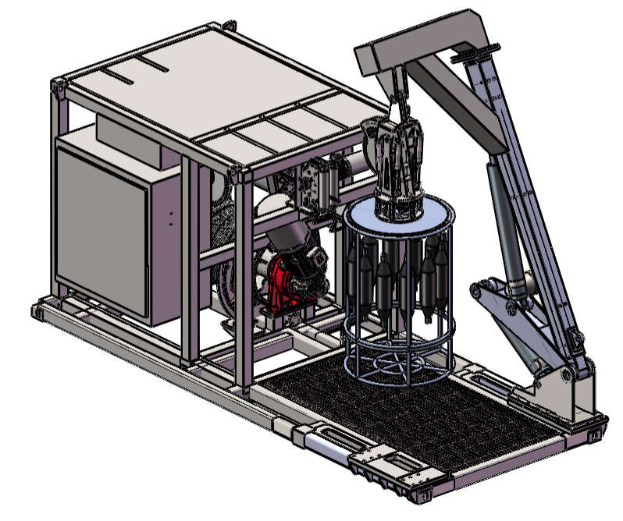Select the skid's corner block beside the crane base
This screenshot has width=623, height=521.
tap(597, 426)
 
